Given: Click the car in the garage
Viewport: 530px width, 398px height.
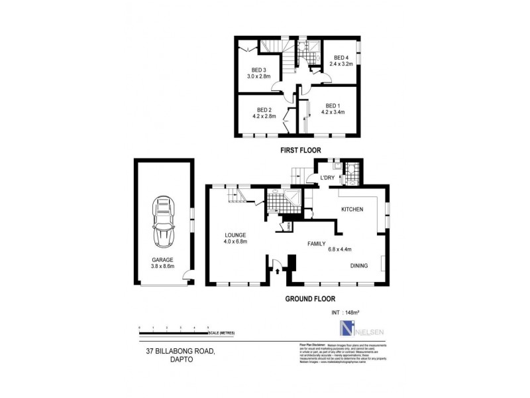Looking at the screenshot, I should click(x=163, y=217).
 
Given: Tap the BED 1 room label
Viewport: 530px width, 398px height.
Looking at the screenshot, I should click(x=332, y=106).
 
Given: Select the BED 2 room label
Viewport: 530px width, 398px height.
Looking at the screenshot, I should click(x=263, y=109).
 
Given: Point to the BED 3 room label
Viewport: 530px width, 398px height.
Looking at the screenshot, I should click(x=258, y=70).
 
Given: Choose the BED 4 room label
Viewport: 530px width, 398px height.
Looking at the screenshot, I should click(x=341, y=57).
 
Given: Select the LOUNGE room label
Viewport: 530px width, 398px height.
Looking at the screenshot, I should click(x=235, y=235).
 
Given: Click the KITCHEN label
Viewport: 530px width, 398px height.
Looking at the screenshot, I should click(x=352, y=209).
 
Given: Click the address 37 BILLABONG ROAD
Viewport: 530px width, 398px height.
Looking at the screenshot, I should click(x=178, y=352).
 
